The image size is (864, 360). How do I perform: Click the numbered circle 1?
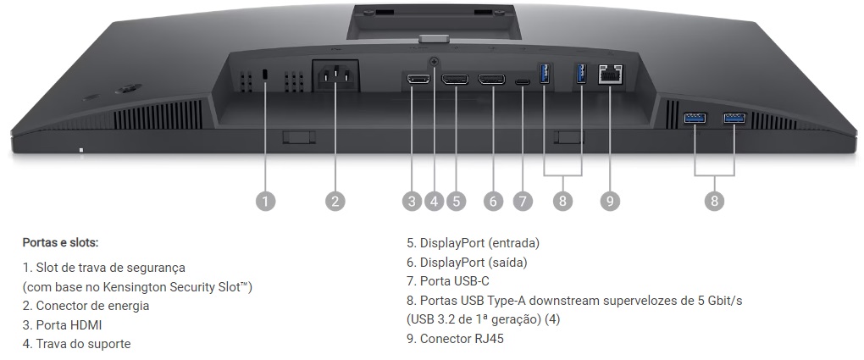coord(266,201)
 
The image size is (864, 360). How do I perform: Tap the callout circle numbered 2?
coord(335,201)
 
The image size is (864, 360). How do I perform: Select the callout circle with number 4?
coord(434,201)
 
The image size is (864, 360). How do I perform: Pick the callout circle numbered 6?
coord(493,201)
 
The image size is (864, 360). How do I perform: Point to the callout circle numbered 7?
coord(523,201)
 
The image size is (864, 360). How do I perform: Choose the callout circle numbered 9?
coord(609,201)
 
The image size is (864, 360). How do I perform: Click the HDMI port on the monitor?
coord(417,80)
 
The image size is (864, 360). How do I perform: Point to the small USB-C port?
coord(523,81)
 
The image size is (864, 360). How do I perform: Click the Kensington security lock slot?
coord(266,76)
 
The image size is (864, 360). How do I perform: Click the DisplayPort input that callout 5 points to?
coord(456,80)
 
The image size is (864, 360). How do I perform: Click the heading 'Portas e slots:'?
coord(60,242)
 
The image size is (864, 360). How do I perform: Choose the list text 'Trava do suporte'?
coord(83,343)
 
